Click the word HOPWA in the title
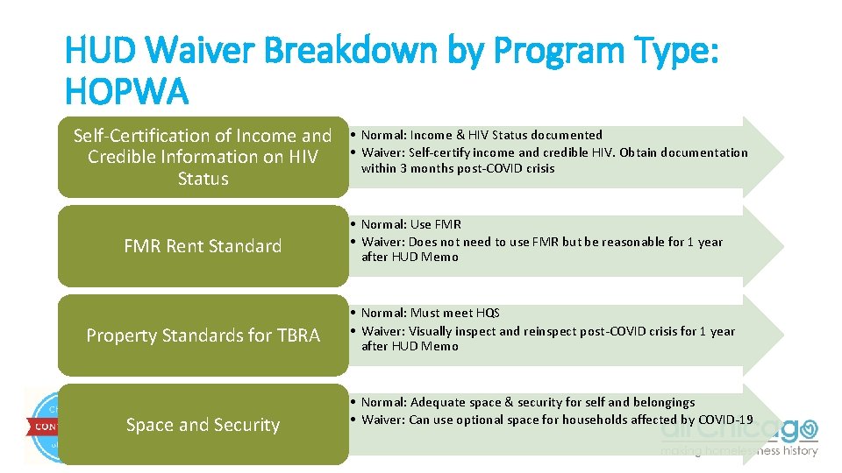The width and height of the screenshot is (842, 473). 127,91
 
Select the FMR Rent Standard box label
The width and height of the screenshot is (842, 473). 203,246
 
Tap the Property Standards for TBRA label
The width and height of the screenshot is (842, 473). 203,335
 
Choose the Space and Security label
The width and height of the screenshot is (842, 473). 203,425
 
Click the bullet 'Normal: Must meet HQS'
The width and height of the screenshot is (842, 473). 430,313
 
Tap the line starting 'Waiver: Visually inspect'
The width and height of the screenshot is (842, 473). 547,331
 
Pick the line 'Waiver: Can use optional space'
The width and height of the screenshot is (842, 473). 556,420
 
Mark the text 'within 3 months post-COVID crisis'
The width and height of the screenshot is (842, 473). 458,169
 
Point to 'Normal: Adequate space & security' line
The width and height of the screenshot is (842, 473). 527,402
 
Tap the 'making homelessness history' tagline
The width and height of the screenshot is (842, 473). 739,451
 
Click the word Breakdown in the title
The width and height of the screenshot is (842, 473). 367,52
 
